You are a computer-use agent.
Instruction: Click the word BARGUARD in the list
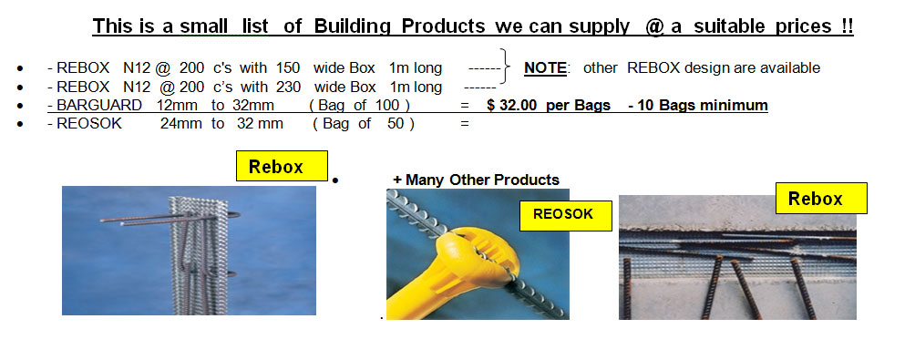(x=98, y=105)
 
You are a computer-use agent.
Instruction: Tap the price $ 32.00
(x=511, y=105)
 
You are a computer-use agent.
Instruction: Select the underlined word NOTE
(x=545, y=68)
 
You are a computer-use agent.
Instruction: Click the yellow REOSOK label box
(x=565, y=215)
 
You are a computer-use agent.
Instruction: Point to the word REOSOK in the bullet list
(x=89, y=124)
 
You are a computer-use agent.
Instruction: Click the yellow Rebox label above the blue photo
(x=282, y=166)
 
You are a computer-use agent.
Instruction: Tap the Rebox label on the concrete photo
(x=821, y=199)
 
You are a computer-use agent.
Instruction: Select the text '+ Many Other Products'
(x=476, y=180)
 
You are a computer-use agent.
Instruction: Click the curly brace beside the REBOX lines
(x=506, y=67)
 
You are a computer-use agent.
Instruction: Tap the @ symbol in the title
(x=654, y=26)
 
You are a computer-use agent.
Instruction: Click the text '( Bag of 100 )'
(x=359, y=106)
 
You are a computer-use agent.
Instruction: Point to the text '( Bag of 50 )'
(x=364, y=124)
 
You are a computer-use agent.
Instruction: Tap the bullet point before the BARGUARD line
(x=21, y=107)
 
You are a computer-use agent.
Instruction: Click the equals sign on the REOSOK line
(x=465, y=124)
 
